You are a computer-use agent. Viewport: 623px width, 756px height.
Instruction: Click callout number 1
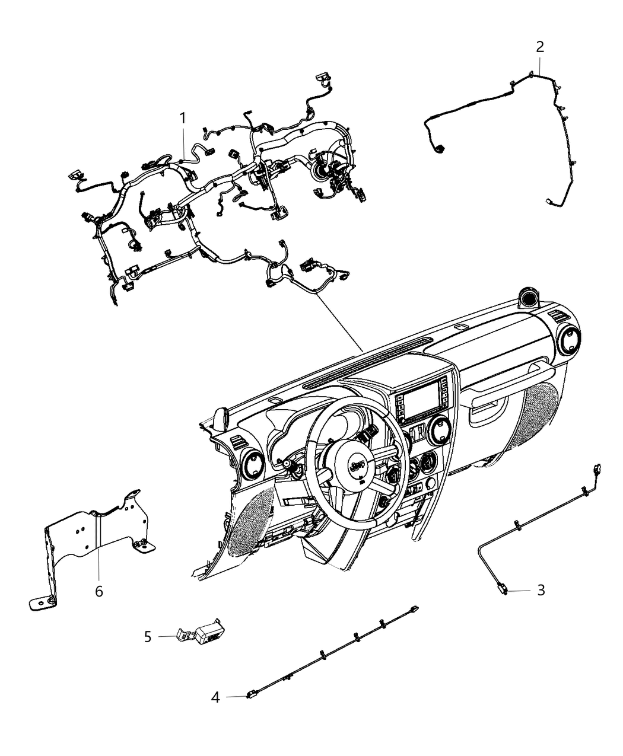click(183, 119)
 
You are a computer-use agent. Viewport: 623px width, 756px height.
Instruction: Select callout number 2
click(539, 47)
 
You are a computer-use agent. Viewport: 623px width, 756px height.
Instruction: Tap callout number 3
click(540, 590)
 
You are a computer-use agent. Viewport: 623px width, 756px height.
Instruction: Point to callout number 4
click(215, 697)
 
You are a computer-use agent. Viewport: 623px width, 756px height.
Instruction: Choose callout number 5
click(148, 636)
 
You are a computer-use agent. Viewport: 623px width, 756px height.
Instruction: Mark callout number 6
click(98, 591)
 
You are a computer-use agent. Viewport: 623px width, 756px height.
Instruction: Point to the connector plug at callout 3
click(502, 589)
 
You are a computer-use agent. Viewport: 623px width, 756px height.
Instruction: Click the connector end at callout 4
click(251, 696)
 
